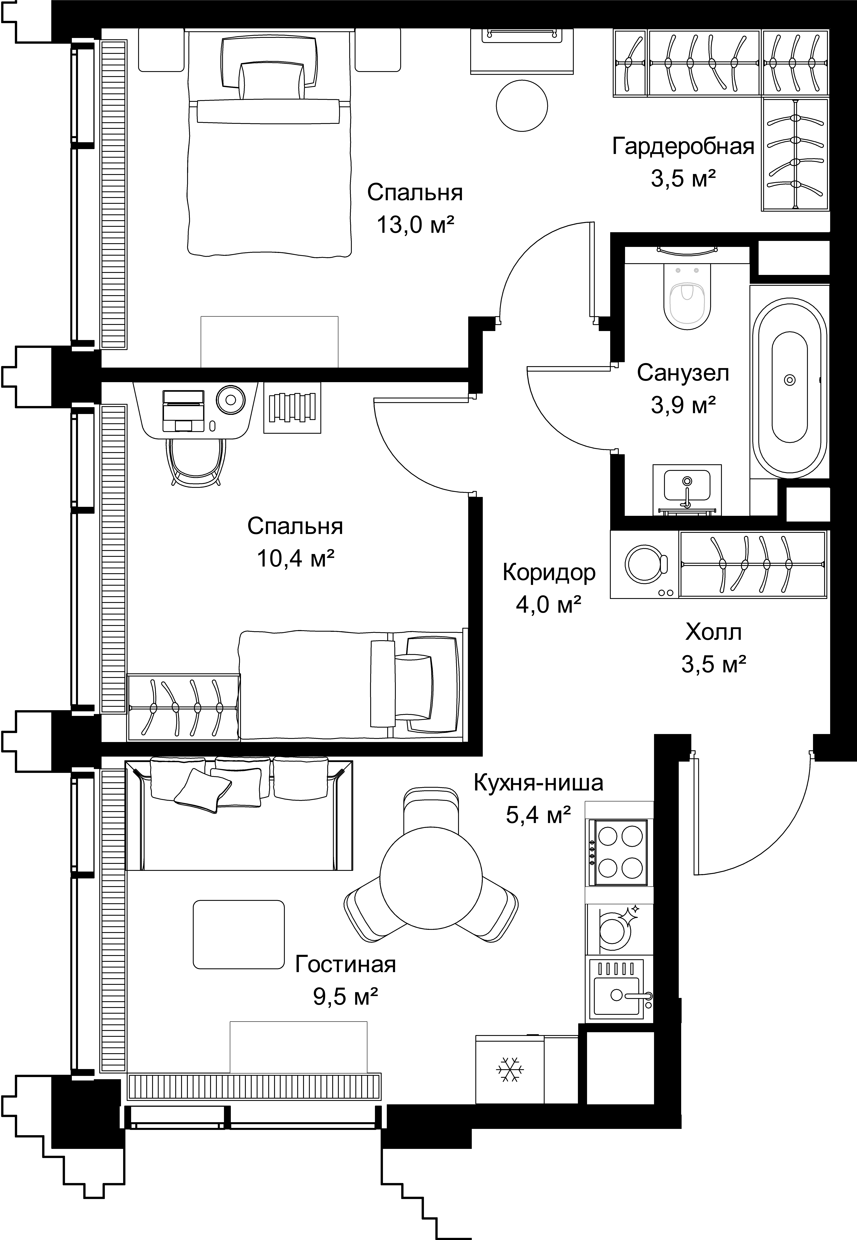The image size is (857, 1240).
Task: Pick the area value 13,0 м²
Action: (x=415, y=225)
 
